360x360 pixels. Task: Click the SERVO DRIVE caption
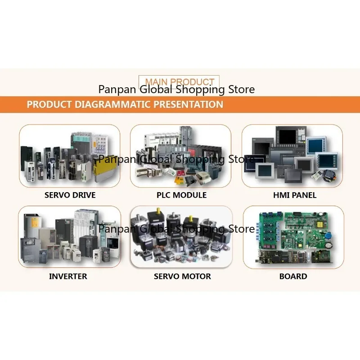(x=70, y=195)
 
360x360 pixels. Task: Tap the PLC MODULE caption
(x=182, y=195)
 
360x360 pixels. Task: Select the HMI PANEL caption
(x=295, y=195)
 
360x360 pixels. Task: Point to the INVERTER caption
(x=68, y=276)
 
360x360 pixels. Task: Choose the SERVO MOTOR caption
(x=182, y=276)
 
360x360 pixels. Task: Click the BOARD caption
(x=293, y=276)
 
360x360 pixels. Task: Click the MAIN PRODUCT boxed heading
(x=179, y=81)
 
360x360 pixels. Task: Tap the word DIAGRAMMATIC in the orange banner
(x=113, y=104)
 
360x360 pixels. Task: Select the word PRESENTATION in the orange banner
(x=188, y=104)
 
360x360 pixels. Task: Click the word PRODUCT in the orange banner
(x=49, y=104)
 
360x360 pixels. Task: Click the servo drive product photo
(x=70, y=156)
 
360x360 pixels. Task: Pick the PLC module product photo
(x=181, y=156)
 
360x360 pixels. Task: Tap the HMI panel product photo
(x=292, y=156)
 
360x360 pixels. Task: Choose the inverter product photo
(x=70, y=237)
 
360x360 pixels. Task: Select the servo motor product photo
(x=181, y=237)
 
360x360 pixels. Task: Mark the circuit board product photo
(x=294, y=237)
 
